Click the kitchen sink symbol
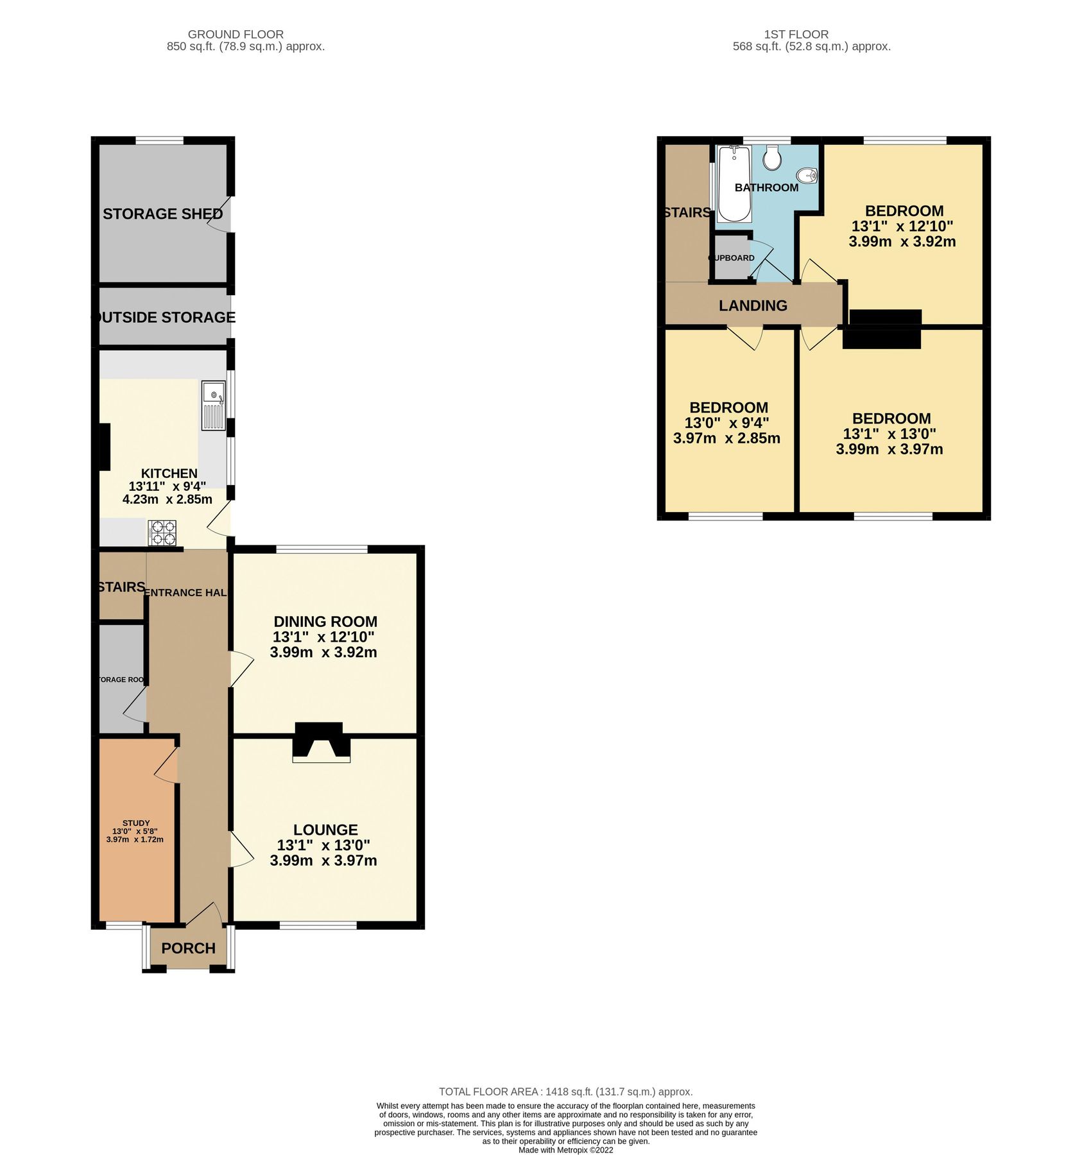pyautogui.click(x=214, y=406)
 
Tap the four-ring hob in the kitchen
pyautogui.click(x=162, y=533)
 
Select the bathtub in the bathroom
pyautogui.click(x=734, y=184)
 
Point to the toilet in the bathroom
pyautogui.click(x=772, y=158)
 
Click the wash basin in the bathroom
pyautogui.click(x=807, y=175)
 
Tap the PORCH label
pyautogui.click(x=188, y=948)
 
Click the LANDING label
pyautogui.click(x=753, y=305)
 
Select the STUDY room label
pyautogui.click(x=136, y=823)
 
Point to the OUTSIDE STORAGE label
pyautogui.click(x=164, y=317)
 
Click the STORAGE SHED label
pyautogui.click(x=162, y=214)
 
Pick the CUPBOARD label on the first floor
pyautogui.click(x=732, y=258)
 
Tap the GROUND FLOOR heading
pyautogui.click(x=236, y=34)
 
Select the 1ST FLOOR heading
pyautogui.click(x=796, y=34)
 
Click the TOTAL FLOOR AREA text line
pyautogui.click(x=565, y=1091)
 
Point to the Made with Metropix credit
pyautogui.click(x=565, y=1150)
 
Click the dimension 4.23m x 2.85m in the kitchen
pyautogui.click(x=167, y=499)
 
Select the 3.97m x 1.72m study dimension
pyautogui.click(x=135, y=839)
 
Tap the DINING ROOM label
pyautogui.click(x=325, y=621)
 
